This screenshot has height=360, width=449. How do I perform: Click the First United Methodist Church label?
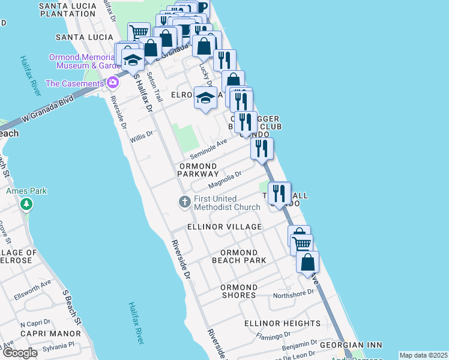pyautogui.click(x=227, y=203)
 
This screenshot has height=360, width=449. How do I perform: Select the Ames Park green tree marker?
pyautogui.click(x=26, y=205)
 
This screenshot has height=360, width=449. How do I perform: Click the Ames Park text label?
pyautogui.click(x=26, y=191)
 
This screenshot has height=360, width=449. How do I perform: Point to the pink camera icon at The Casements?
pyautogui.click(x=111, y=83)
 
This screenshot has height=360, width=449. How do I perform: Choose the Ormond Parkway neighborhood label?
pyautogui.click(x=197, y=170)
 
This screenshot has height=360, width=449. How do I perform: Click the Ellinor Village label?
pyautogui.click(x=224, y=227)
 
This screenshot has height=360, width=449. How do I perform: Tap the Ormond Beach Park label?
pyautogui.click(x=239, y=256)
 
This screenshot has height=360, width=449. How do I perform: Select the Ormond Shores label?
pyautogui.click(x=238, y=291)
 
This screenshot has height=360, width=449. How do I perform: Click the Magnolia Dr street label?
pyautogui.click(x=225, y=178)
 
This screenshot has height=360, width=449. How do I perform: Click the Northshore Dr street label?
pyautogui.click(x=294, y=293)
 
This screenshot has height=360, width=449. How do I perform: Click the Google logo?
pyautogui.click(x=20, y=353)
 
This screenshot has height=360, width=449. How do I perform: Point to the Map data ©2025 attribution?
pyautogui.click(x=423, y=355)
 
